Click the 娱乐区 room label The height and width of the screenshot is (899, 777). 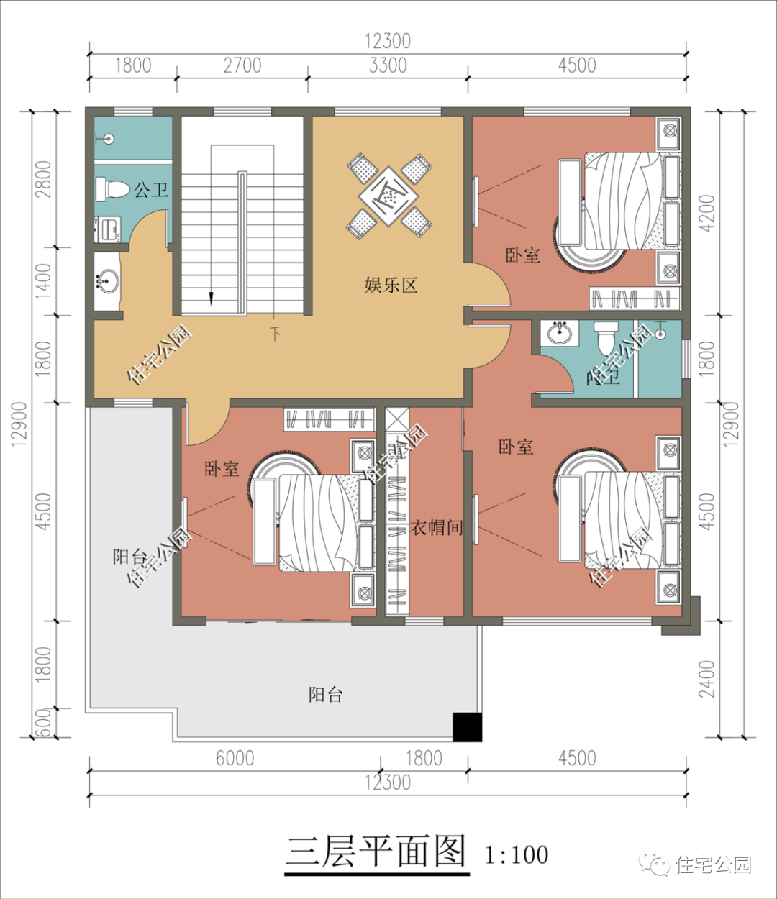point(391,286)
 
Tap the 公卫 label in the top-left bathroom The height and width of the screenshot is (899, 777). point(151,190)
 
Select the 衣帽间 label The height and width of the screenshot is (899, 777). point(436,527)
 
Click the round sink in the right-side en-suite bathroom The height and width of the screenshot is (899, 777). point(560,333)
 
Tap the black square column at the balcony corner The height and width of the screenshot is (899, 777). point(467,727)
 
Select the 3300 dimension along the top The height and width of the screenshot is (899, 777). point(388,65)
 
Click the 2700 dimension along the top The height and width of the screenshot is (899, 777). point(242,65)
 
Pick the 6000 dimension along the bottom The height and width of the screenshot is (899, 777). point(235,758)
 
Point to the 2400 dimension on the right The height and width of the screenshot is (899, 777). point(708,678)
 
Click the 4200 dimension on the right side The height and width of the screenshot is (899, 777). point(708,213)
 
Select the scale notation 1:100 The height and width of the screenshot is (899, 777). point(517,855)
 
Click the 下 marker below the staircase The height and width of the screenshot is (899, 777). point(275,334)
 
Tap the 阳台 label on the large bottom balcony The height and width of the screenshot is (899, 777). point(325,695)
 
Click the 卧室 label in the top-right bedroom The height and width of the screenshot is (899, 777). point(522,255)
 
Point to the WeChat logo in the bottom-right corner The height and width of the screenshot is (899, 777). point(655,864)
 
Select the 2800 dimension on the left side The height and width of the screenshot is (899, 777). point(42,179)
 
